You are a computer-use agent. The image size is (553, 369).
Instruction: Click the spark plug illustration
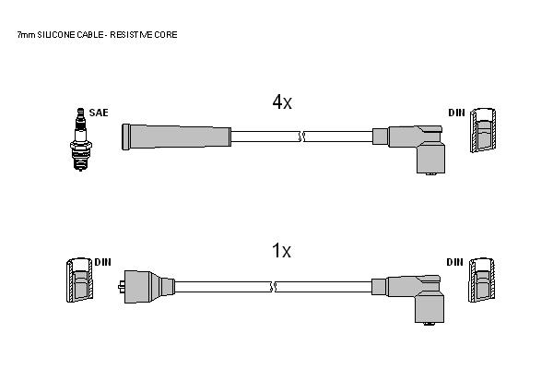tap(81, 139)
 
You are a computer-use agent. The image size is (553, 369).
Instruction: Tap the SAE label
tap(99, 113)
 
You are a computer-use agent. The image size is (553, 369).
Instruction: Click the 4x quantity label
tap(282, 102)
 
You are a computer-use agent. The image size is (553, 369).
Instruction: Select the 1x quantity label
tap(281, 250)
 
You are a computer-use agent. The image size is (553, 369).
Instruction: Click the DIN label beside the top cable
tap(457, 113)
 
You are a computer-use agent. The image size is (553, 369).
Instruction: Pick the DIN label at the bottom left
tap(102, 262)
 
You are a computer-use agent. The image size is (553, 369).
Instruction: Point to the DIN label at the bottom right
tap(455, 262)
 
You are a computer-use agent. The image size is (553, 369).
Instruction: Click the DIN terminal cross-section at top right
tap(483, 130)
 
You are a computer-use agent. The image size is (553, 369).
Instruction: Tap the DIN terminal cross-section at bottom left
tap(80, 280)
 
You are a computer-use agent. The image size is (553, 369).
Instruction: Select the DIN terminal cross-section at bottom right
tap(482, 280)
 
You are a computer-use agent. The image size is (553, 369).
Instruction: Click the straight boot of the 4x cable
tap(176, 137)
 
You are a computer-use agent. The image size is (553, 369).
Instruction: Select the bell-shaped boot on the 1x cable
tap(147, 287)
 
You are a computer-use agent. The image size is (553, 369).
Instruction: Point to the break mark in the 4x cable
tap(301, 137)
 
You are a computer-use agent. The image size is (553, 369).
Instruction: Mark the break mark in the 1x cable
tap(273, 287)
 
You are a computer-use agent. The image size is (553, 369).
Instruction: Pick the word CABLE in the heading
tap(90, 35)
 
